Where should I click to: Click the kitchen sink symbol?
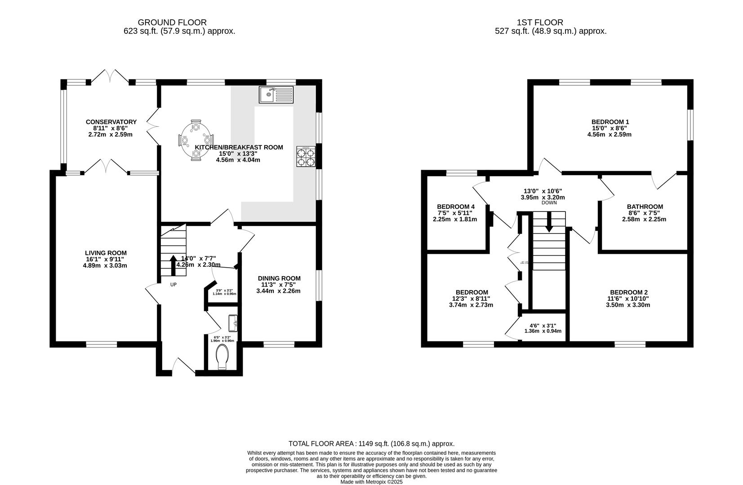276,94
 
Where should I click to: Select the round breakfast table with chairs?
196,140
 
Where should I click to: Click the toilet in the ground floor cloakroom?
223,360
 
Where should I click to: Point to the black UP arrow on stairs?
174,265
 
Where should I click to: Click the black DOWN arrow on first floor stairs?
549,223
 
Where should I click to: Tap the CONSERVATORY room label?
111,122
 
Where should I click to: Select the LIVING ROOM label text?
106,253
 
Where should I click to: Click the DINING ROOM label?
279,278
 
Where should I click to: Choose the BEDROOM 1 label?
610,122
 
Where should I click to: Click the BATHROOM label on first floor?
645,207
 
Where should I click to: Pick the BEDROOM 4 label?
456,207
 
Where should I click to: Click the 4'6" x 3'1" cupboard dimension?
543,326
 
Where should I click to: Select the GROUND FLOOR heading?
172,22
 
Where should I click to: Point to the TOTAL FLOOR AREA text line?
371,443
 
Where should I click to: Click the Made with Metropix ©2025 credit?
371,482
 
